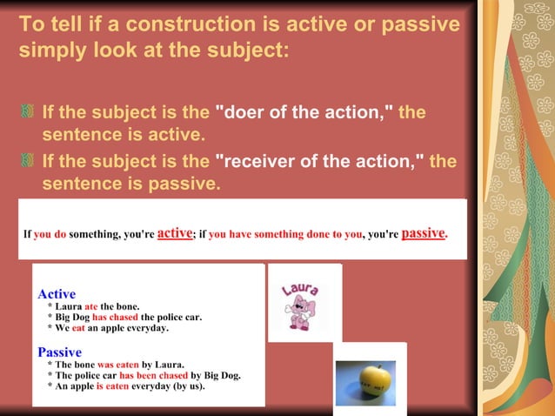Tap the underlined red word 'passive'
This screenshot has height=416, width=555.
(x=423, y=233)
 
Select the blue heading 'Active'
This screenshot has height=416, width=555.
(x=57, y=294)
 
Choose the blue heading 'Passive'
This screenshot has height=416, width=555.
(x=59, y=352)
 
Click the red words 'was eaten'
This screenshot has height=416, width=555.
(x=117, y=365)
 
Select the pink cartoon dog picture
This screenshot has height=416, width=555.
(x=301, y=312)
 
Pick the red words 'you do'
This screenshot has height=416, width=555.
(x=50, y=234)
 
